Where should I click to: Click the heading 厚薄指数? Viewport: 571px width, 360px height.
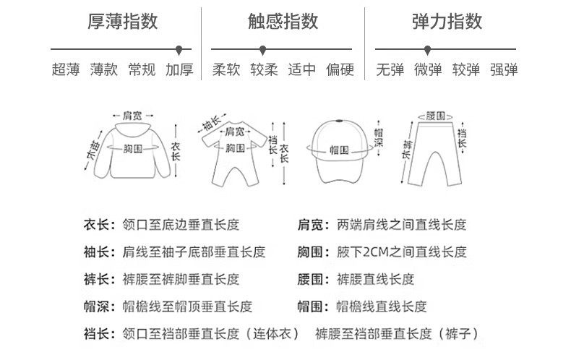coord(122,22)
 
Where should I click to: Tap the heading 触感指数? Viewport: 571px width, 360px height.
coord(283,22)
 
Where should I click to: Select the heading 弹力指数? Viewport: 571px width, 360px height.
coord(446,22)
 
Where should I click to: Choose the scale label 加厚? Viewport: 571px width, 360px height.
coord(179,70)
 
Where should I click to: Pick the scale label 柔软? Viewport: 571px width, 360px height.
coord(226,70)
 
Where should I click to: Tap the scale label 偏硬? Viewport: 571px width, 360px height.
coord(340,70)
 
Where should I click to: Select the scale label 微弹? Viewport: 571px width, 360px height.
coord(428,70)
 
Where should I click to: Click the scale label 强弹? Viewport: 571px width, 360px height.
coord(504,70)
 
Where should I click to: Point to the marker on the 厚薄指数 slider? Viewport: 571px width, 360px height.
coord(179,49)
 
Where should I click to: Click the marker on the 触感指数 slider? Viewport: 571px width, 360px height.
coord(263,49)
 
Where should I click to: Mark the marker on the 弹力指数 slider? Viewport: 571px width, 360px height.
coord(428,49)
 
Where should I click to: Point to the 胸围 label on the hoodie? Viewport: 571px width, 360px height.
coord(132,148)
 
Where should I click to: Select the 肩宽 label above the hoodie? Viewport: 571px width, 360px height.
coord(132,116)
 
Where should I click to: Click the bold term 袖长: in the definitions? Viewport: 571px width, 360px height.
coord(99,252)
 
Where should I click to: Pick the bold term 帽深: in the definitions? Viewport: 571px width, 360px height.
coord(99,307)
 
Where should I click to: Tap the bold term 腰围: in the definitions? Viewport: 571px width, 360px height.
coord(314,280)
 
